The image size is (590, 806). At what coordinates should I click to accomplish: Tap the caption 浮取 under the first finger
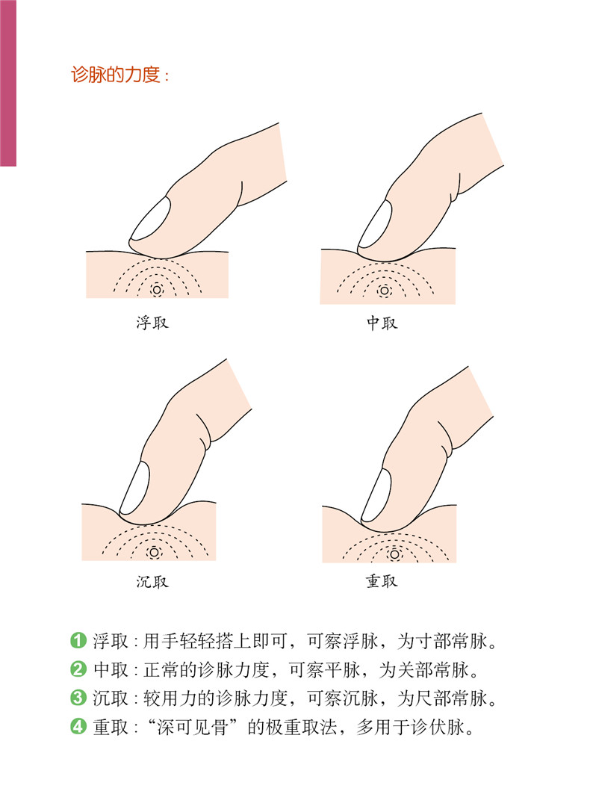coord(152,323)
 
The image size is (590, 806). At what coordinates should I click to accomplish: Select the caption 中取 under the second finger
coord(382,323)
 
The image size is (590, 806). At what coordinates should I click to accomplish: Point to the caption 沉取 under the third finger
coord(152,581)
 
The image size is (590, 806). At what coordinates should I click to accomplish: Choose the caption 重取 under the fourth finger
coord(382,581)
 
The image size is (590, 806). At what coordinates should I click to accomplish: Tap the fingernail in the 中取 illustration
coord(375,223)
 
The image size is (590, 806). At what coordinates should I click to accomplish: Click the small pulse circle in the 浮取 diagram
coord(157,291)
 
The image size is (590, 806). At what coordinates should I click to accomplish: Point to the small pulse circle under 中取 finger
coord(384,291)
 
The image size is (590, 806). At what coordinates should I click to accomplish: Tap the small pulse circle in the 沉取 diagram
coord(153,553)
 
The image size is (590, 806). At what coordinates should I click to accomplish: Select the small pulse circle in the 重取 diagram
coord(395,555)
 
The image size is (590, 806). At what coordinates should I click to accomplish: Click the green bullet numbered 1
coord(78,640)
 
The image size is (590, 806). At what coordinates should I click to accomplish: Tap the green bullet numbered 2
coord(78,669)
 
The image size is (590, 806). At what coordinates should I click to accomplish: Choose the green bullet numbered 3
coord(78,698)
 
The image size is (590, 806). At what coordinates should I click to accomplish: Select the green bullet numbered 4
coord(78,727)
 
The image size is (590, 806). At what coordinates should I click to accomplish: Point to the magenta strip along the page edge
coord(8,83)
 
